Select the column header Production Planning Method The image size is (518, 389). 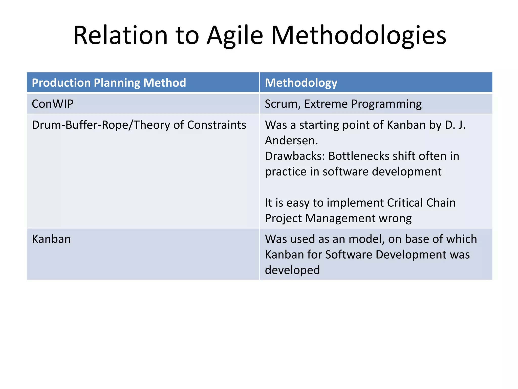coord(109,83)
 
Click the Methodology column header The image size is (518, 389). coord(301,83)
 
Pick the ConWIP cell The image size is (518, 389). coord(53,104)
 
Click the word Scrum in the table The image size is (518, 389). coord(281,104)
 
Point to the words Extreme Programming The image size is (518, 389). coord(363,104)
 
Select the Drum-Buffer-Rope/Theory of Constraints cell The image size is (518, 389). coord(139,125)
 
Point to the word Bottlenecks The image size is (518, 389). coord(359,156)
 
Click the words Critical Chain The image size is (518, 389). coord(421,203)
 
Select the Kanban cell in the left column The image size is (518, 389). coord(51,239)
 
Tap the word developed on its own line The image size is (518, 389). coord(292,270)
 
